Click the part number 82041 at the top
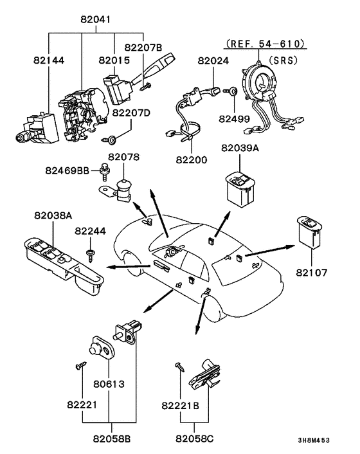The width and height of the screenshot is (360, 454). click(x=96, y=19)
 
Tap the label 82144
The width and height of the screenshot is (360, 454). click(x=49, y=60)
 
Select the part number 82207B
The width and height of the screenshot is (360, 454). click(x=143, y=48)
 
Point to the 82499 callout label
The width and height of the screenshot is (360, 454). click(x=234, y=119)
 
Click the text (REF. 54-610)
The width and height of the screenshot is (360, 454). click(x=265, y=44)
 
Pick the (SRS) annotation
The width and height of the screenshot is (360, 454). click(x=283, y=60)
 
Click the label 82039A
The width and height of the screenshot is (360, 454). click(x=240, y=148)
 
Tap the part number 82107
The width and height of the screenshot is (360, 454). click(x=312, y=273)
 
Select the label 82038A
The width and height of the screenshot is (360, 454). click(x=53, y=215)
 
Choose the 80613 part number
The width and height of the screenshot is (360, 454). click(x=109, y=384)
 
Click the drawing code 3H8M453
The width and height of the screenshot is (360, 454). click(x=314, y=440)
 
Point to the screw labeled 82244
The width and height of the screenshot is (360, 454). click(x=90, y=256)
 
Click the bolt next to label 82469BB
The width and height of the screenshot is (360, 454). click(x=105, y=172)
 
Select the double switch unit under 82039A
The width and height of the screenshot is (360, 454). click(x=240, y=190)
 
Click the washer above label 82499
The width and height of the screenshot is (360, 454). click(x=234, y=92)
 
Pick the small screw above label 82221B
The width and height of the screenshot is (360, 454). click(x=180, y=367)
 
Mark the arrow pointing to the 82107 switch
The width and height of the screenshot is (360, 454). click(x=270, y=251)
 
